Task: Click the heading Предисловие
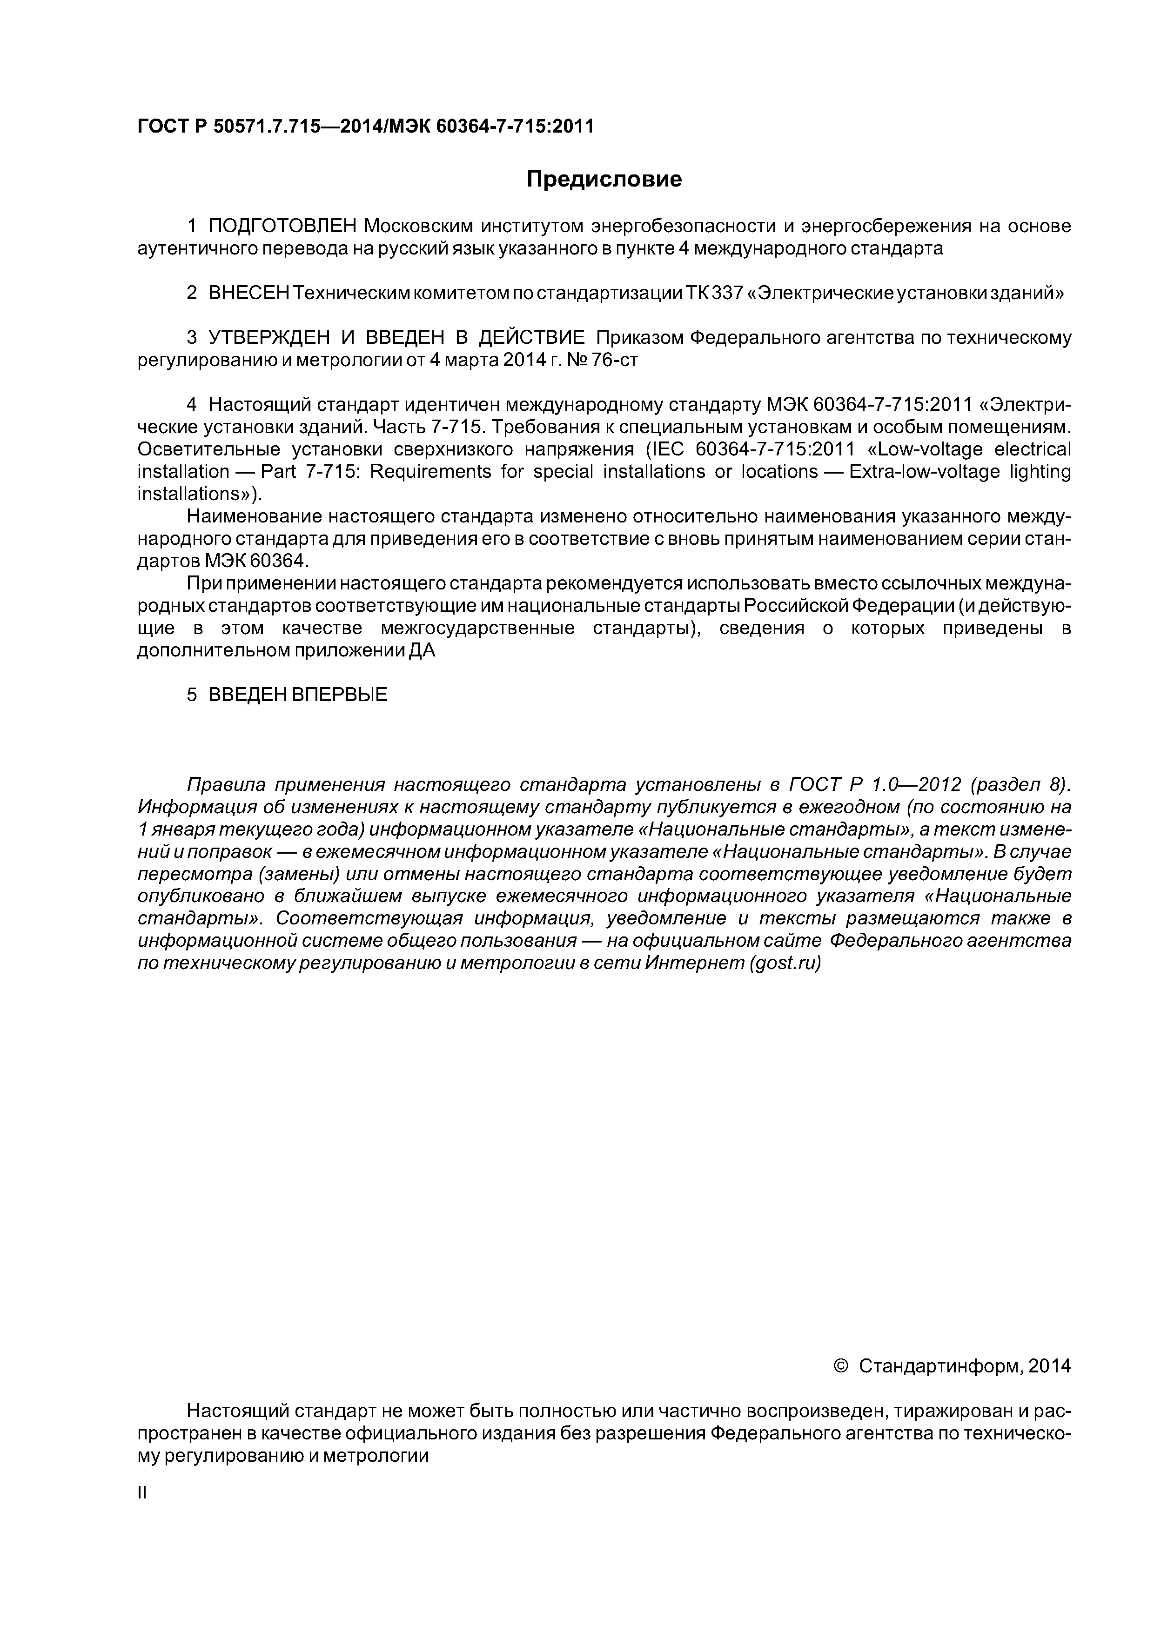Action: [604, 179]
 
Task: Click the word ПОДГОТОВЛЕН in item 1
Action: [282, 226]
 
